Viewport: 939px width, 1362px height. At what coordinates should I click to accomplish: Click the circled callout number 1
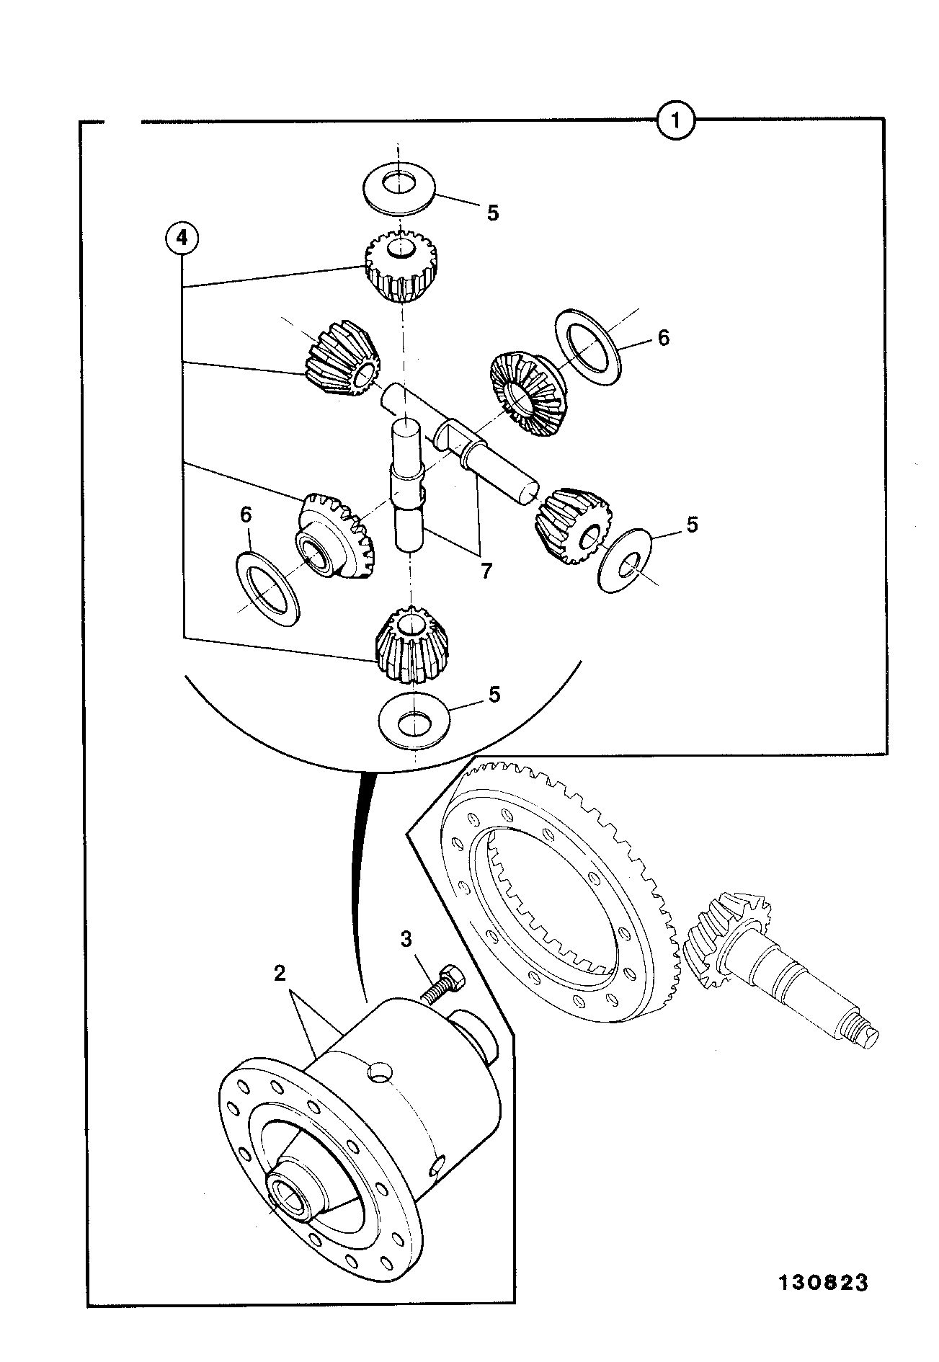click(676, 121)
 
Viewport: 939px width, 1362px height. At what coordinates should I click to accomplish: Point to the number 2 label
click(280, 974)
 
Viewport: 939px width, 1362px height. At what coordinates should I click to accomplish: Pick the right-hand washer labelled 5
click(626, 561)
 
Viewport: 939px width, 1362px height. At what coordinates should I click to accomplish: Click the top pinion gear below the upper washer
click(401, 269)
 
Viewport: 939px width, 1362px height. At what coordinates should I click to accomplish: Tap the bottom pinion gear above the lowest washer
click(411, 645)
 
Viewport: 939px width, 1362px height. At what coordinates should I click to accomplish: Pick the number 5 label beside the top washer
click(493, 213)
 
